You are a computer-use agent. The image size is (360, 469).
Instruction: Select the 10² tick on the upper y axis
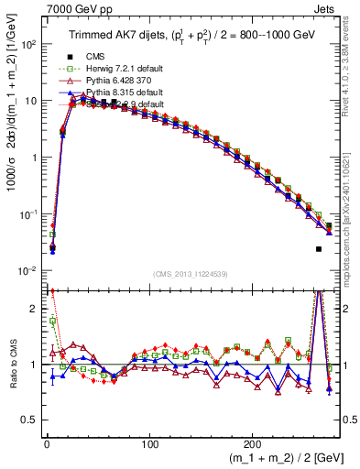click(27, 44)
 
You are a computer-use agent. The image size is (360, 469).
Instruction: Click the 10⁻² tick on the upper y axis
click(27, 270)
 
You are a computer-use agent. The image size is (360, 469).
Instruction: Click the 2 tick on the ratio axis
click(30, 309)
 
